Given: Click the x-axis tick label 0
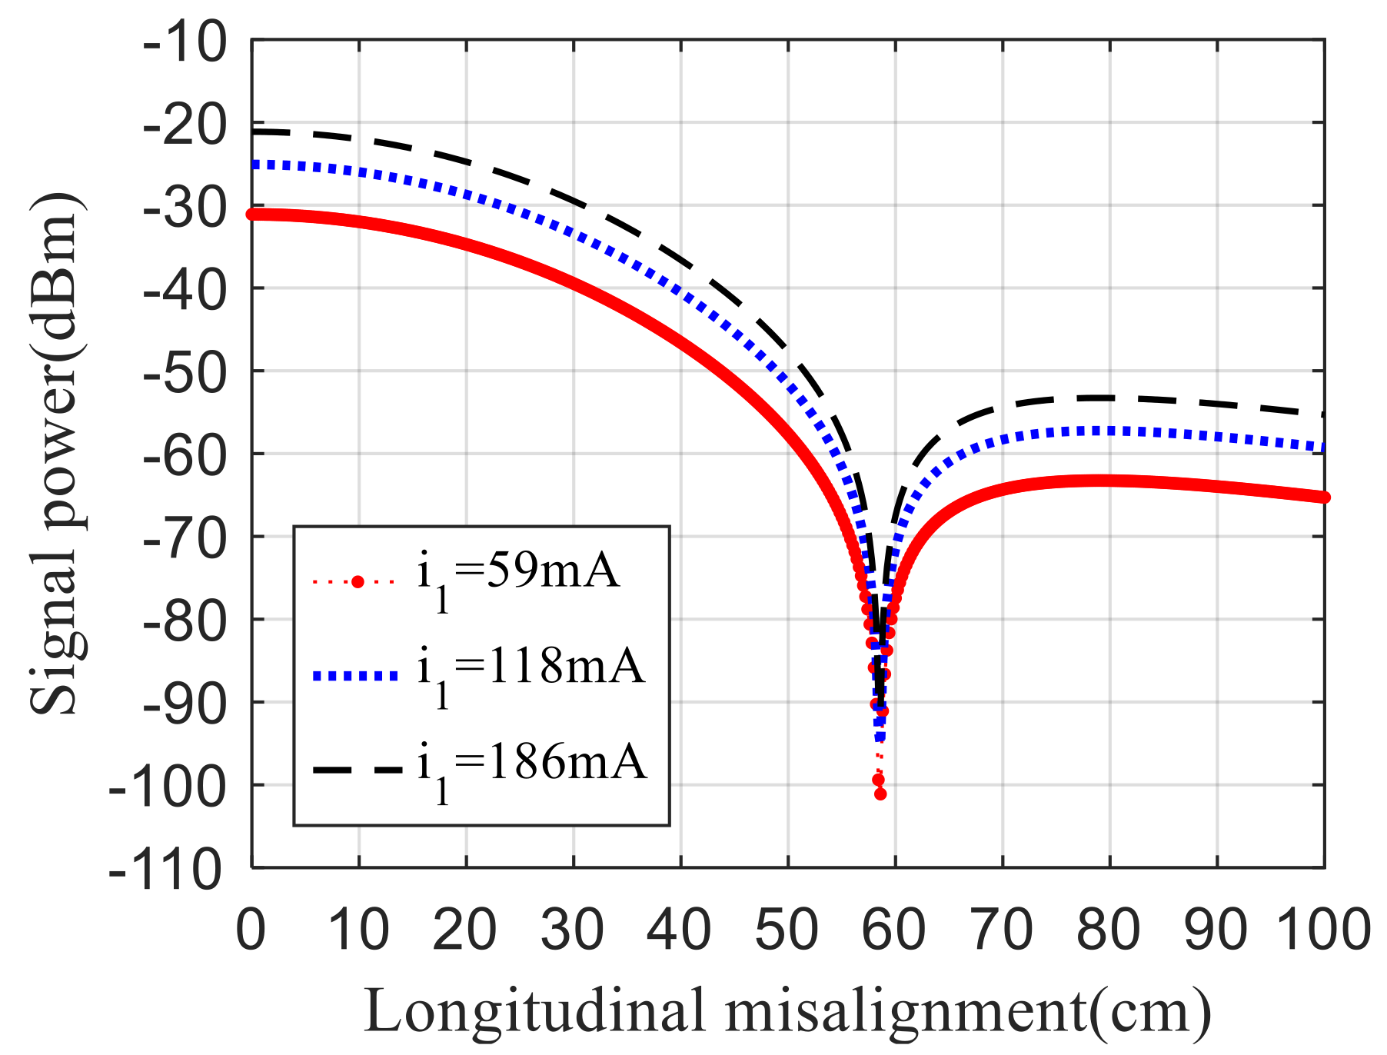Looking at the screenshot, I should point(251,930).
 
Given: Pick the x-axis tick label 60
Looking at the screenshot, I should point(893,930).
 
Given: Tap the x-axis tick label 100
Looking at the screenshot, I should point(1323,930).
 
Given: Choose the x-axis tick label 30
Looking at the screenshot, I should point(572,930).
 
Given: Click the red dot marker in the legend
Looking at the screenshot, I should point(357,582).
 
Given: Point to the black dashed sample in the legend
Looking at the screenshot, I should point(357,769).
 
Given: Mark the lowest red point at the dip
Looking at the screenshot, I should point(880,794).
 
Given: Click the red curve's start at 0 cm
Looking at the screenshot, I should point(252,214).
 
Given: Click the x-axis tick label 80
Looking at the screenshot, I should point(1108,930).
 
